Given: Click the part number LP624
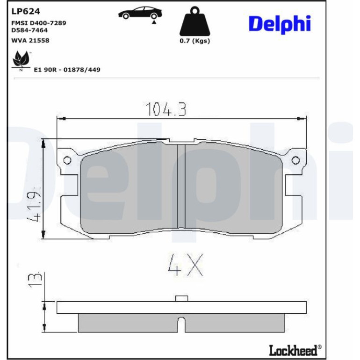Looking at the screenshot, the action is pos(26,11).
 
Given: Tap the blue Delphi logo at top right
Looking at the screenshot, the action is pos(280,24).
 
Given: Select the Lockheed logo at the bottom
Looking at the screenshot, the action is pos(295,350).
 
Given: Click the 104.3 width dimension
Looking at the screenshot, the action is pos(166,109).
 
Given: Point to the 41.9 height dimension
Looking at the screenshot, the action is pos(35,204).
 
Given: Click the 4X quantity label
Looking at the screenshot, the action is pos(186,265).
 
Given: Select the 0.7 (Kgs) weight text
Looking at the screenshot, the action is pos(194,41).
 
